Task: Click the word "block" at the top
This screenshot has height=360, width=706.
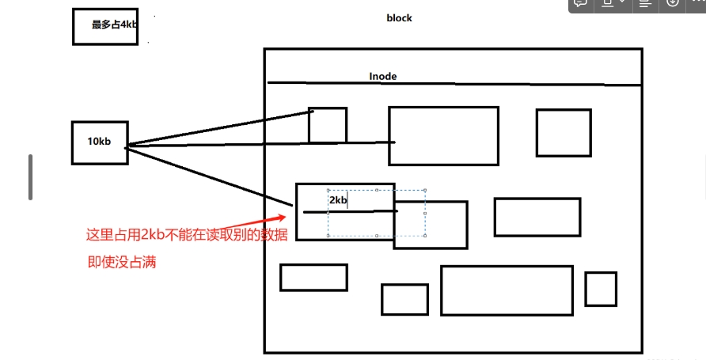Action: (x=399, y=18)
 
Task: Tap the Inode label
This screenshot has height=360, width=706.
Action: (x=383, y=77)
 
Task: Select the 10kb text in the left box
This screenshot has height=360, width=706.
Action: (x=99, y=142)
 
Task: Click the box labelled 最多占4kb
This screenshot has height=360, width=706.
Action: (x=105, y=26)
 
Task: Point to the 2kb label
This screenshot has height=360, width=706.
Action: (x=338, y=200)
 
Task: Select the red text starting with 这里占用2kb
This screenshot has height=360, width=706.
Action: (x=187, y=234)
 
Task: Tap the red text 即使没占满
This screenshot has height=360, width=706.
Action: (x=122, y=262)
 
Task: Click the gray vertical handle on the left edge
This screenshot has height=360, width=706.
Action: (x=31, y=177)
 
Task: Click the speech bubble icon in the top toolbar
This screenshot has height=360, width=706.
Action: (x=580, y=4)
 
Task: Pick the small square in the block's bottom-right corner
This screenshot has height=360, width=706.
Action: (x=601, y=289)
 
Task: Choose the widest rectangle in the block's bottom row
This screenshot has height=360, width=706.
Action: (x=507, y=290)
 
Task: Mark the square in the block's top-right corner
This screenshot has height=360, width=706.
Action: (x=564, y=133)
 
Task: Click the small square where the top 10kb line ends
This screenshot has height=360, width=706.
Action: (x=328, y=125)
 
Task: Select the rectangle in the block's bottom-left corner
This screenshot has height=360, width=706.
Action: (x=313, y=278)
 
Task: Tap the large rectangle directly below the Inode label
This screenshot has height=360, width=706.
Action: (x=443, y=136)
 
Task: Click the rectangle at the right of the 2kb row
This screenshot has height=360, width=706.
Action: (x=537, y=217)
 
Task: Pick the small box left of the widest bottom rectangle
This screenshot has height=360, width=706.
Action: (x=404, y=299)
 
